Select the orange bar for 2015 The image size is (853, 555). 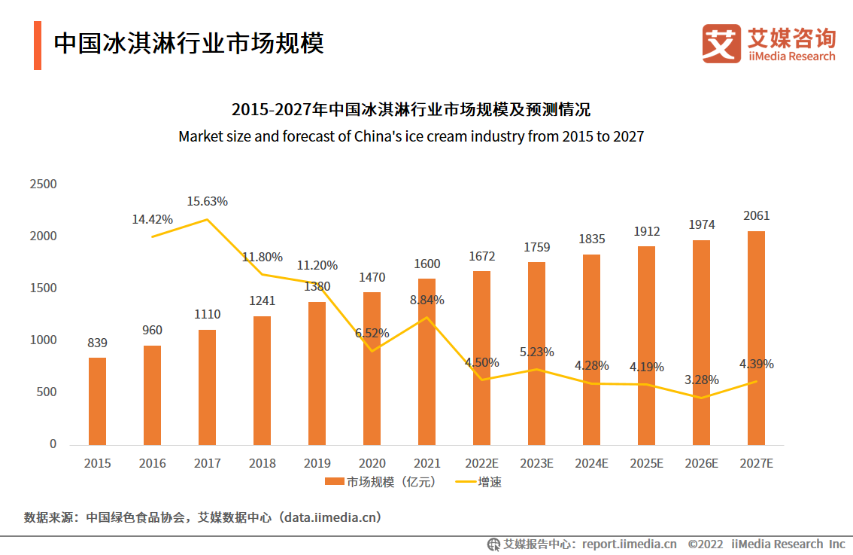[97, 401]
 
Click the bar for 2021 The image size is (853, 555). [426, 361]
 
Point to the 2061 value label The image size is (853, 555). [756, 216]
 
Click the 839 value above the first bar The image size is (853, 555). [98, 343]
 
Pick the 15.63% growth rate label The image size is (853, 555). [208, 202]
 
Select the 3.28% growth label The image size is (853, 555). [701, 380]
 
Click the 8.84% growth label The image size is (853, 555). [426, 300]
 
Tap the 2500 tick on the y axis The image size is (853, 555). [43, 184]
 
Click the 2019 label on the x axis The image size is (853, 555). [317, 464]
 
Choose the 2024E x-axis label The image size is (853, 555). [592, 464]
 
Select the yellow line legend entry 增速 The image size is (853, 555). [478, 482]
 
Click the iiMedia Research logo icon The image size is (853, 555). [721, 44]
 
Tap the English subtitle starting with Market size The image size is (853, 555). [411, 137]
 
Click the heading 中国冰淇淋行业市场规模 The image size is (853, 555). [188, 44]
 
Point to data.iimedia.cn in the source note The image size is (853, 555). [329, 517]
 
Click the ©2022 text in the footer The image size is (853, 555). [705, 544]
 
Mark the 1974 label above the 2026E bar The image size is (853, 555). [701, 225]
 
